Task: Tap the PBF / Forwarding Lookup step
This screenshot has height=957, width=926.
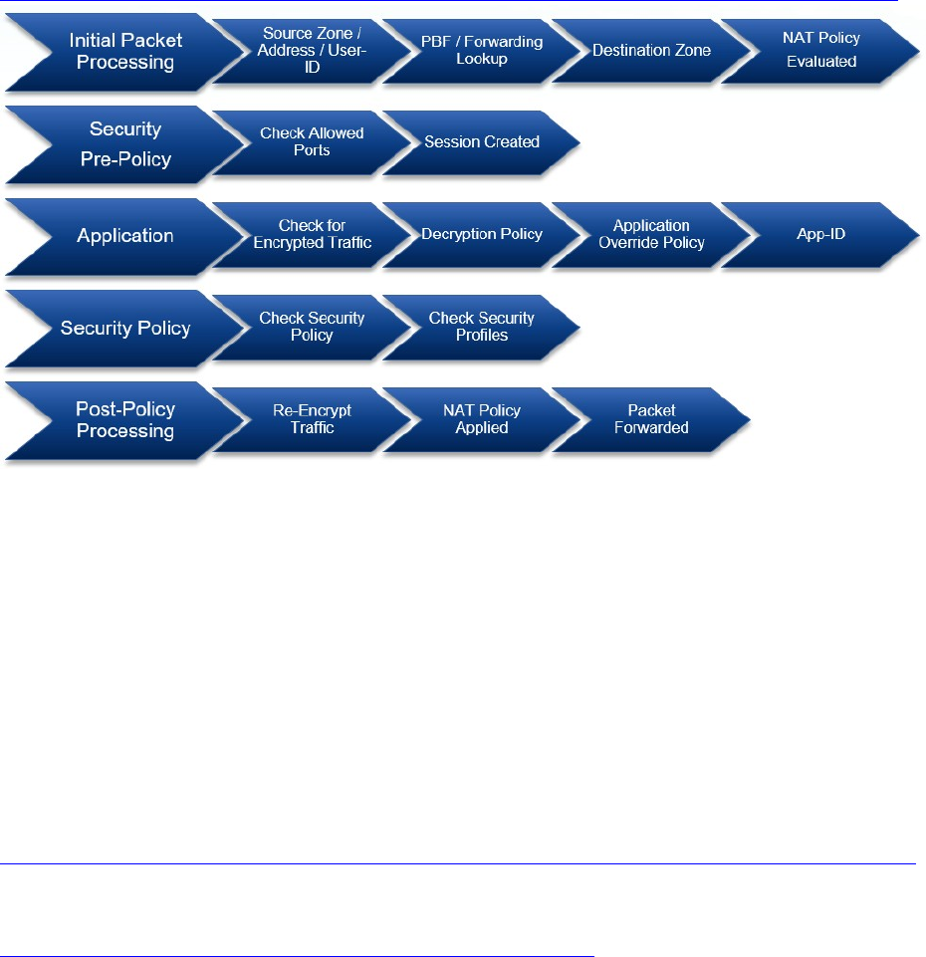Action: pos(482,50)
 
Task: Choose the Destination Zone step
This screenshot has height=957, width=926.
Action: pos(651,50)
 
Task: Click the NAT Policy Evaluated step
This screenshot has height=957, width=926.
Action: pos(820,50)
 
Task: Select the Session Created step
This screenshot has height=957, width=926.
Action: pos(482,141)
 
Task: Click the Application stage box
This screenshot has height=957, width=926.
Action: pos(125,236)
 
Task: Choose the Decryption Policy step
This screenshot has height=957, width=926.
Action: pos(482,234)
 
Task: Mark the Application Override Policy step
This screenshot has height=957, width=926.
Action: pos(651,234)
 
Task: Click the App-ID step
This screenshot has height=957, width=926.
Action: pos(820,234)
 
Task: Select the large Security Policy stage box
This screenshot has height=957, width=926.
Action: pos(125,328)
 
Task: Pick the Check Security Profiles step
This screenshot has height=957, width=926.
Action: pos(482,327)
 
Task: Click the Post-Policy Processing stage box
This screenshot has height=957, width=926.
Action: pos(125,420)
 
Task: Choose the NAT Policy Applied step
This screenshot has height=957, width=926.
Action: pos(482,419)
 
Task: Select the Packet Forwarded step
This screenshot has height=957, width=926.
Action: pos(651,419)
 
